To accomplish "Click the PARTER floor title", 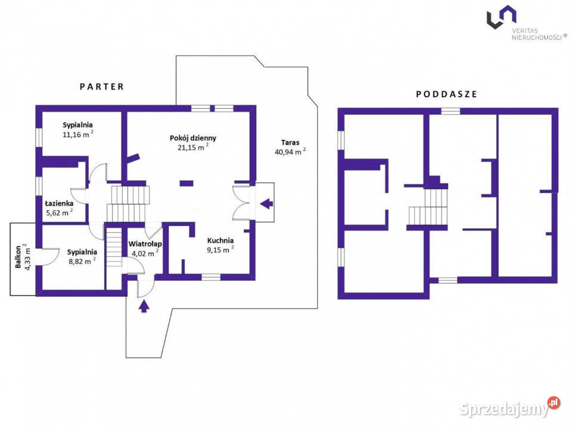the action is click(x=102, y=86).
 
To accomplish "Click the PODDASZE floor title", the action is click(x=446, y=94).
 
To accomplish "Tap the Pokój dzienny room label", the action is click(x=192, y=138).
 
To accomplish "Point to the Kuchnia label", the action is click(x=220, y=240).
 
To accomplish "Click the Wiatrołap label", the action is click(x=145, y=244).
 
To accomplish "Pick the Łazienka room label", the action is click(x=59, y=203).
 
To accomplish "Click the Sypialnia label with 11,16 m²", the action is click(x=77, y=125).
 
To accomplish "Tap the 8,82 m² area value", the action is click(x=82, y=261).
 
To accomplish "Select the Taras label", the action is click(x=290, y=142).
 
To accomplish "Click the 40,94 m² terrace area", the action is click(x=290, y=151).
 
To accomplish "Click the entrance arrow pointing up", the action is click(x=144, y=306).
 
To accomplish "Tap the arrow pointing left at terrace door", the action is click(x=266, y=204).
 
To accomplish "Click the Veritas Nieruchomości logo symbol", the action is click(x=502, y=17).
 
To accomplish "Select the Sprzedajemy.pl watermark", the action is click(x=509, y=408).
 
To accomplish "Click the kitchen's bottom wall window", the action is click(x=211, y=277).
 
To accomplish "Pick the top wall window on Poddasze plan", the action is click(x=450, y=111).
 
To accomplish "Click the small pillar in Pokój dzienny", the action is click(x=186, y=184).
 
